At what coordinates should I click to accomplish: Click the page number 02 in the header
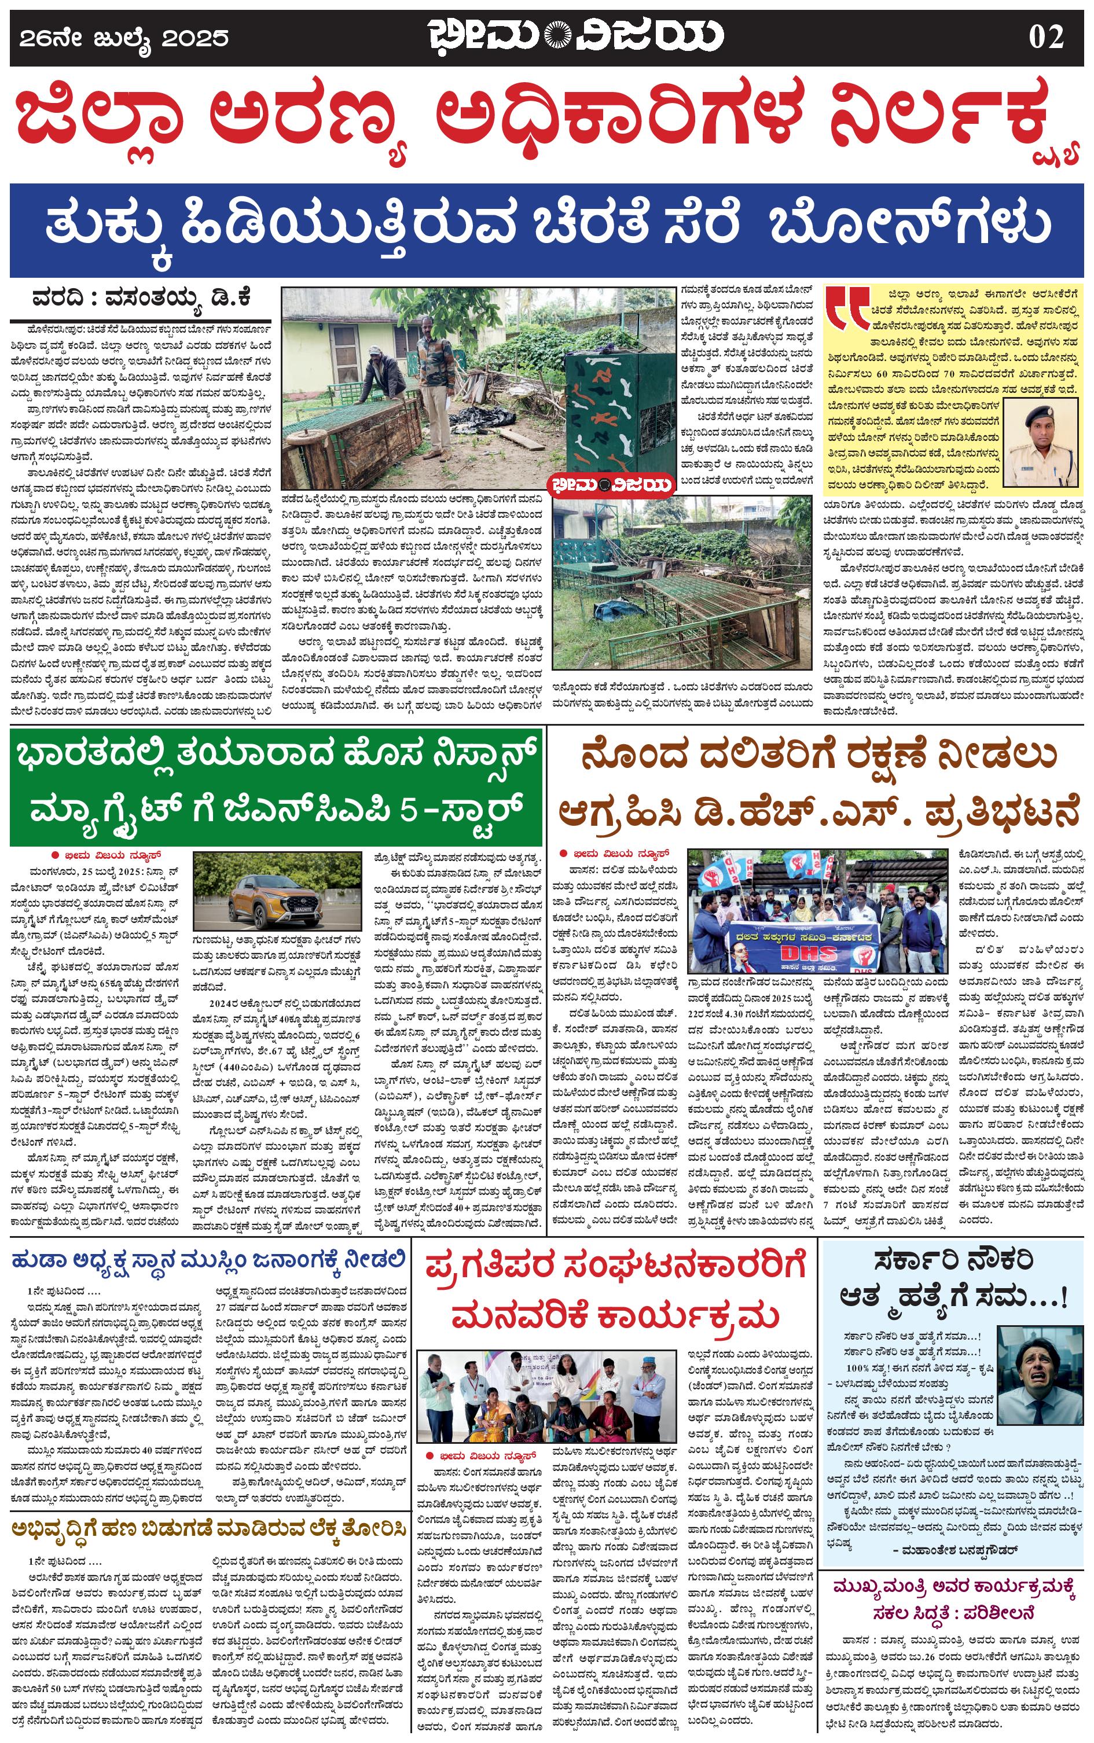(x=1045, y=37)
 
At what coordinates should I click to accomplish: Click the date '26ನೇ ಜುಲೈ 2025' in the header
(x=124, y=38)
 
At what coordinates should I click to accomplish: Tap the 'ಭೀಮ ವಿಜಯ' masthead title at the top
(x=575, y=36)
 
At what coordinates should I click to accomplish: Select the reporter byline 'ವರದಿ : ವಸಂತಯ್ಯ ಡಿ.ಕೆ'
(x=141, y=297)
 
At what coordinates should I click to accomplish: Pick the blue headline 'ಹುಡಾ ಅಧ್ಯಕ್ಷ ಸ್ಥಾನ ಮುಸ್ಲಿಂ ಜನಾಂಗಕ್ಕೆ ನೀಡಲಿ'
(x=208, y=1260)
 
